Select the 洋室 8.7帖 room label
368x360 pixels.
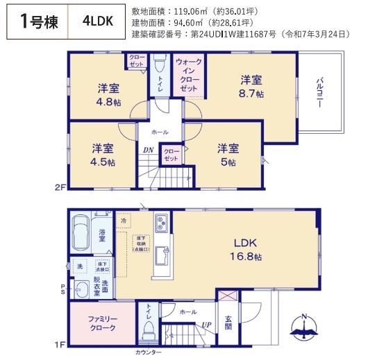tap(251, 86)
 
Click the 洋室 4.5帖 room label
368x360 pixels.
tap(102, 155)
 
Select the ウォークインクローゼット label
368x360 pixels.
tap(188, 76)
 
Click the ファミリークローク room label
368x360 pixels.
tap(101, 324)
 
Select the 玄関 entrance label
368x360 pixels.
tap(228, 323)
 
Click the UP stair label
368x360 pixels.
tap(206, 325)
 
